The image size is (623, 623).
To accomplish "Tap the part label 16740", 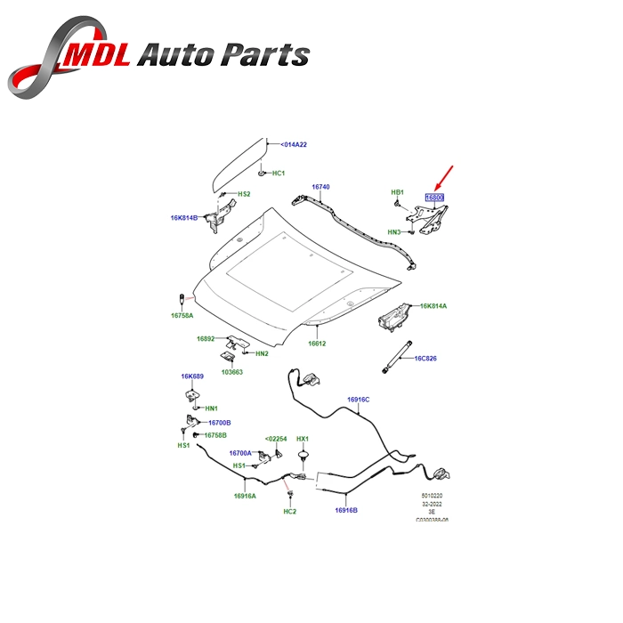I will click(320, 188).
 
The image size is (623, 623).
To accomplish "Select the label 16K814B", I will click(184, 216).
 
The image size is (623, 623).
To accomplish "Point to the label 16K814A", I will click(433, 305).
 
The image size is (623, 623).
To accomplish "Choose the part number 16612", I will click(319, 344).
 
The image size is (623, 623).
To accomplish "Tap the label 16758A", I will click(182, 314).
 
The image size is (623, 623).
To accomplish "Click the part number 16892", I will click(206, 338).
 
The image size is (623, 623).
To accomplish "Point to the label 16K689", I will click(193, 376).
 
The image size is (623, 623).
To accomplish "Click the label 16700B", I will click(219, 422).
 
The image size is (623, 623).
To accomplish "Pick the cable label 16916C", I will click(358, 400).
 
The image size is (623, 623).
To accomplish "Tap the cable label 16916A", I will click(245, 496).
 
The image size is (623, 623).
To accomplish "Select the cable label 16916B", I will click(346, 510).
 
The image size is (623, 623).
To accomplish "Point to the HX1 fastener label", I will click(303, 439).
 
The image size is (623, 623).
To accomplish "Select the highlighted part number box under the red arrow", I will click(434, 198).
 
